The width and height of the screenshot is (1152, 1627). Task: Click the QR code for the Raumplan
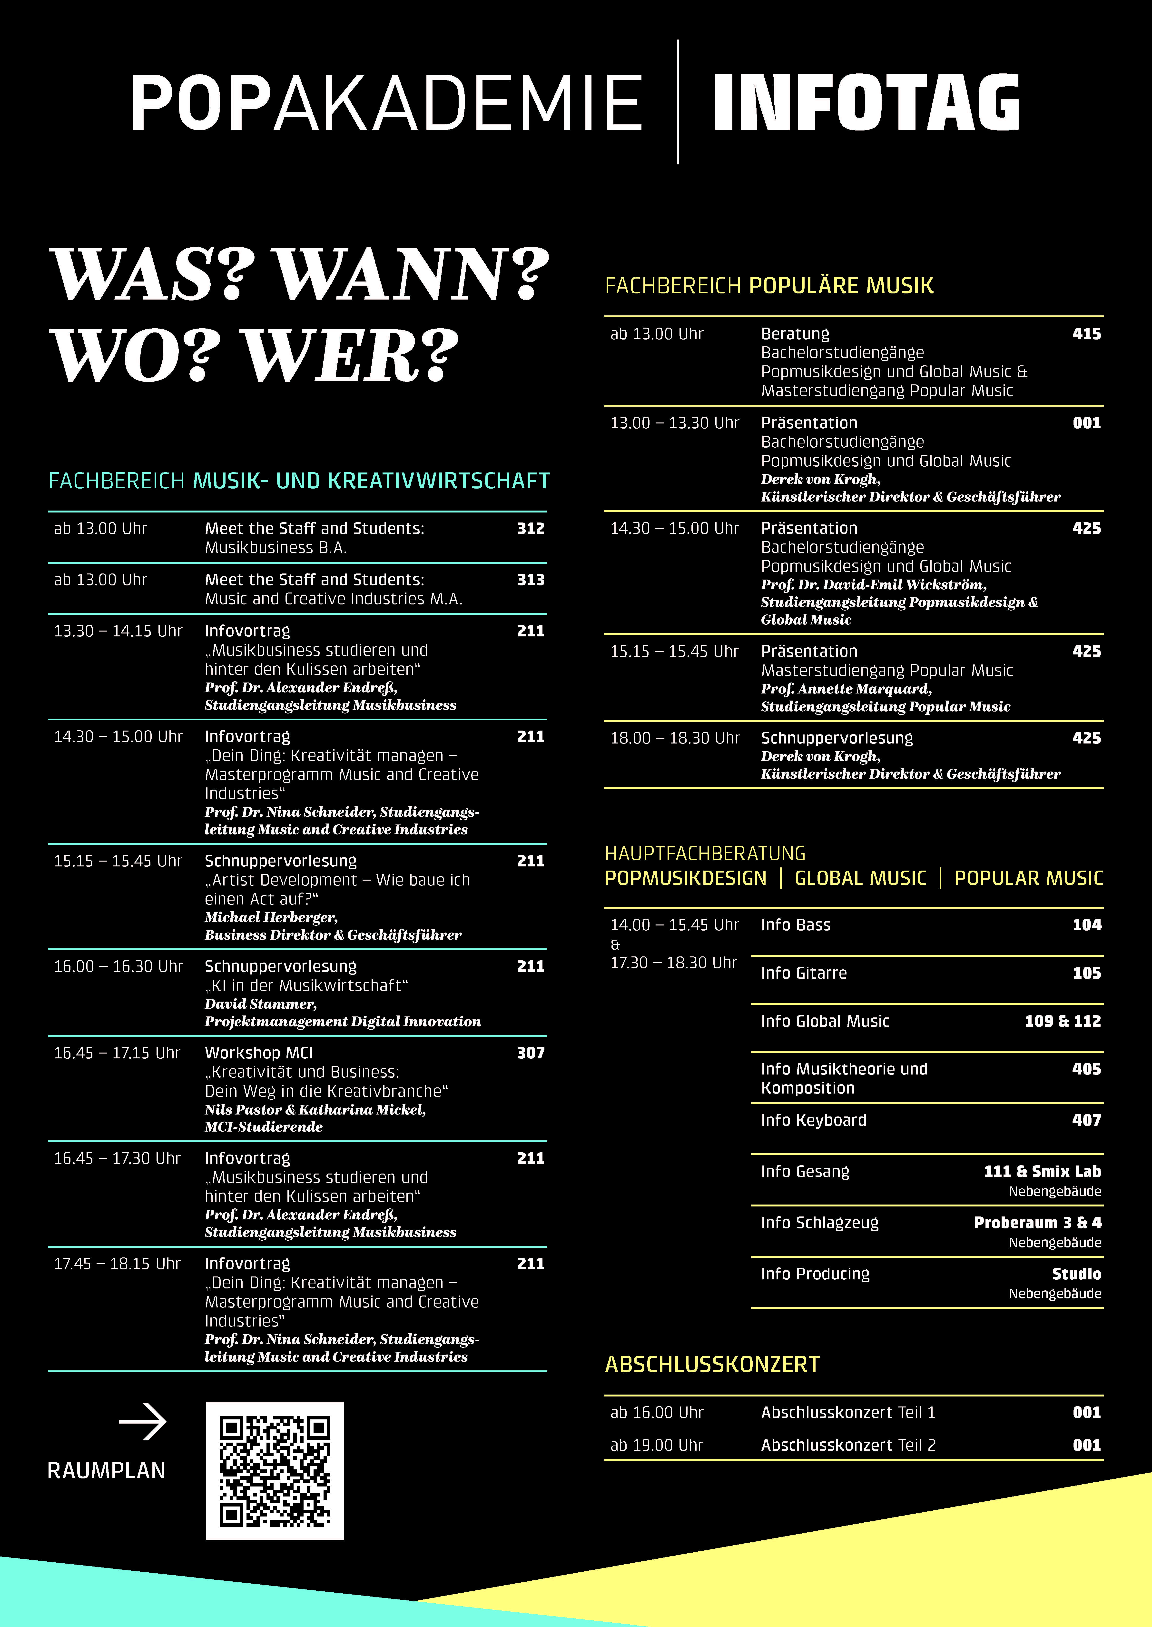[275, 1470]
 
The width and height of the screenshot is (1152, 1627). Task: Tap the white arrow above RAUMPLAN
[143, 1421]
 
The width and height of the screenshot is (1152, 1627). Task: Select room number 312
[531, 529]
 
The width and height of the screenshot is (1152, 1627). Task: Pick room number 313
[531, 580]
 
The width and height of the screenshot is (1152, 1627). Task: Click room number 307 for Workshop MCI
[531, 1053]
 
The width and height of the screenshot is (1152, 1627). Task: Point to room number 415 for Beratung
[1086, 333]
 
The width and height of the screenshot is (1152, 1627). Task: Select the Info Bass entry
[795, 924]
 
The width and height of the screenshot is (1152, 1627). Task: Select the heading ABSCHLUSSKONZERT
[712, 1364]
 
